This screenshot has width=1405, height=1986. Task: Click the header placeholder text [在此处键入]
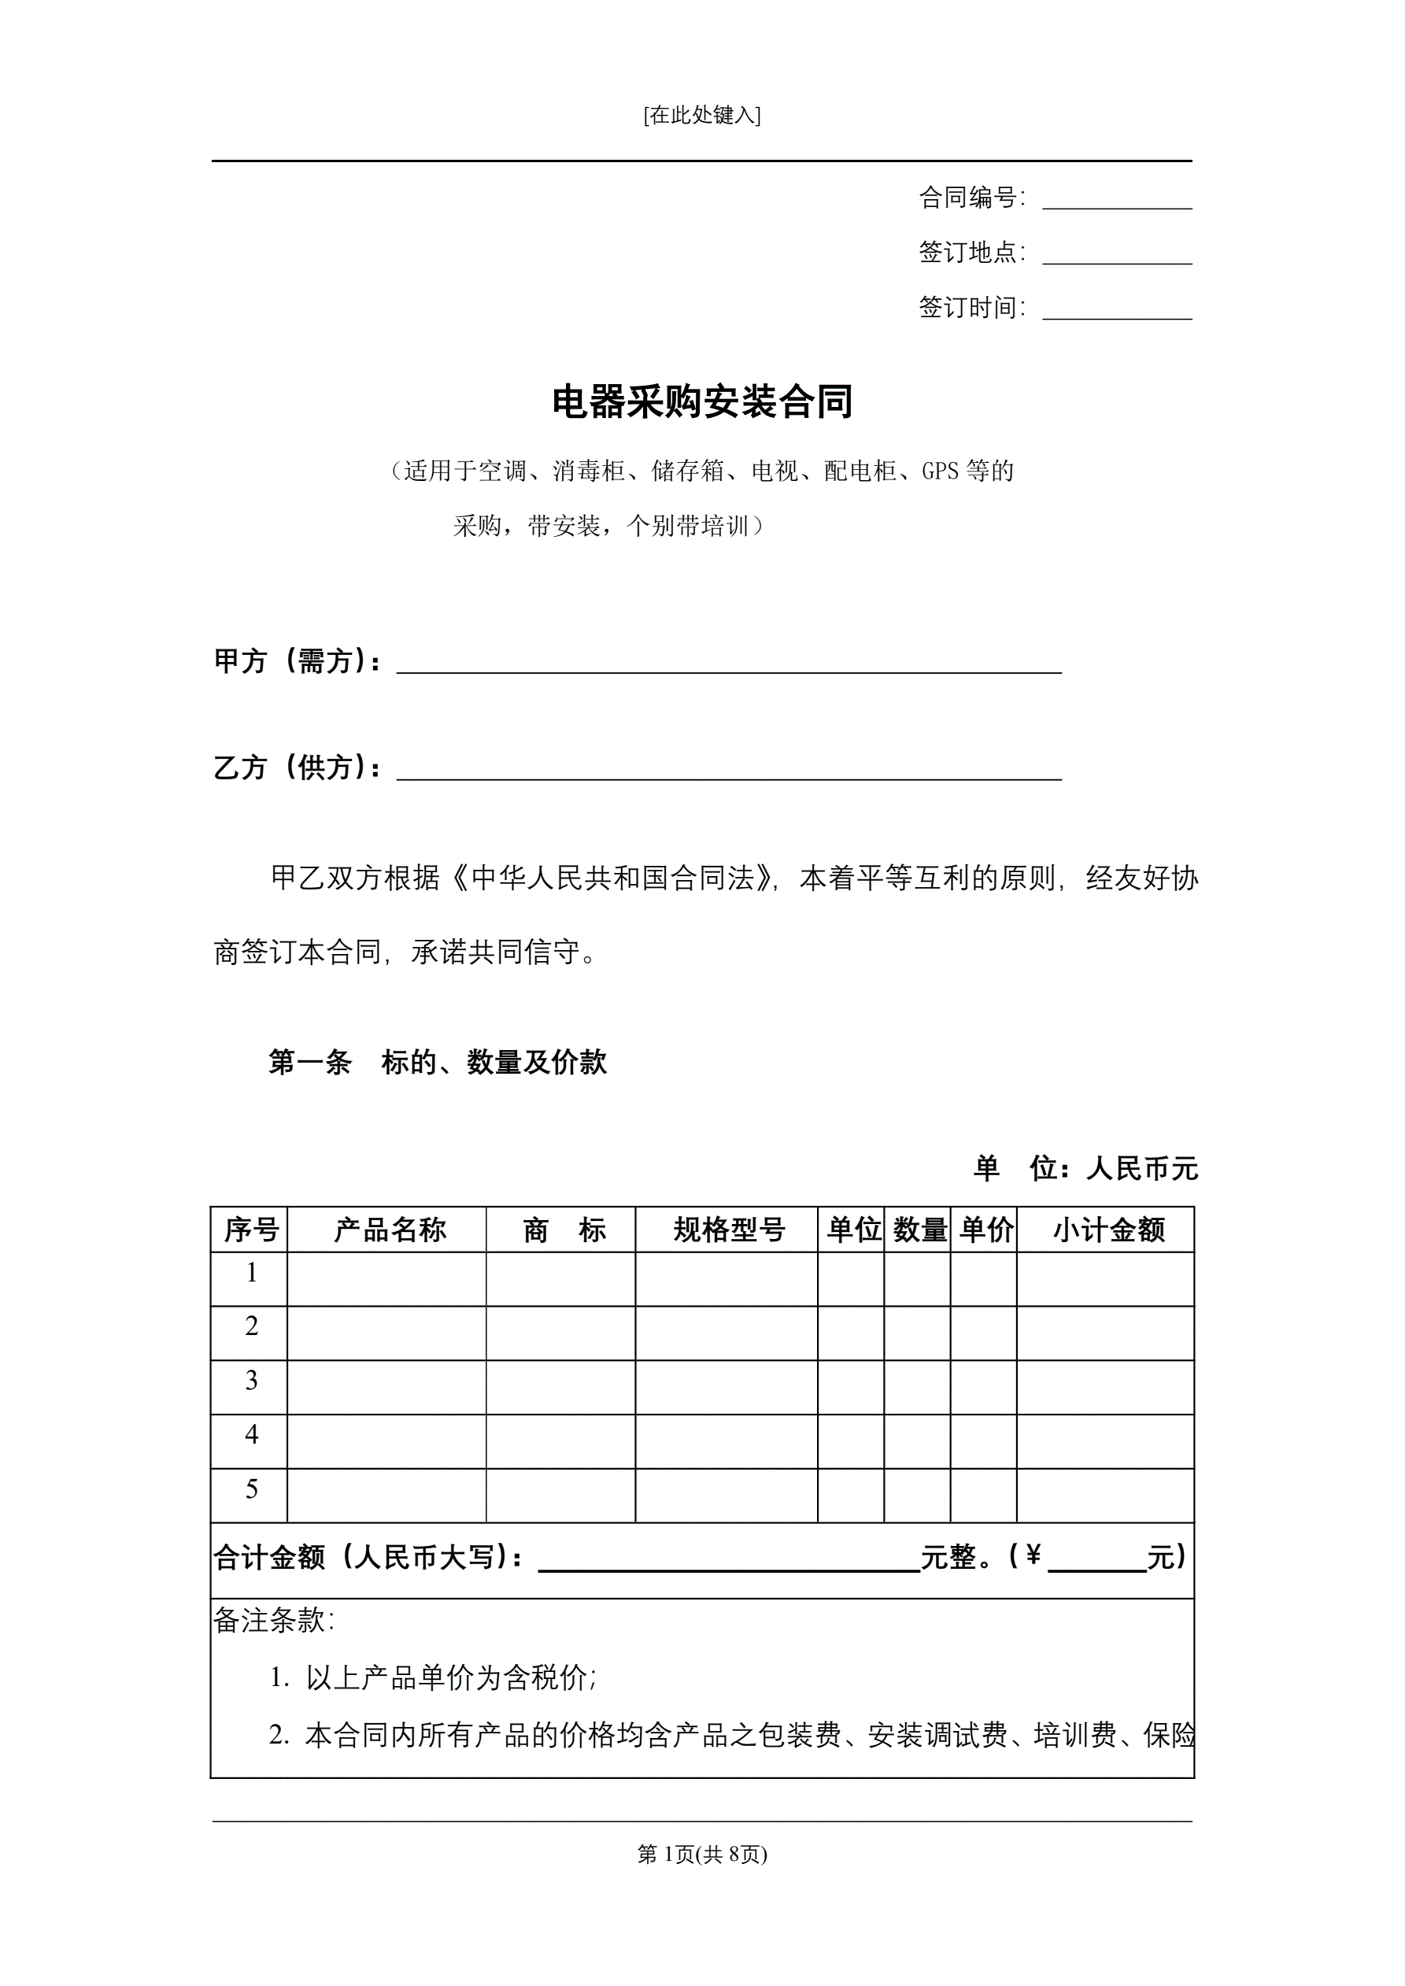point(701,115)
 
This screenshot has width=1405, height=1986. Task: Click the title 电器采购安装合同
point(701,402)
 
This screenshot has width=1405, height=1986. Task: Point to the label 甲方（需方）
point(297,661)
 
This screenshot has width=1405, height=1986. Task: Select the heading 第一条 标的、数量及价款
point(437,1062)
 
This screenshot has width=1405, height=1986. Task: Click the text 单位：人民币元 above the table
point(1085,1169)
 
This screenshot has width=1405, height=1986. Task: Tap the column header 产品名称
point(390,1230)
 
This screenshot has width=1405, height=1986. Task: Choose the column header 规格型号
point(728,1230)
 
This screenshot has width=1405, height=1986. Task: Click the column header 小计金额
point(1108,1230)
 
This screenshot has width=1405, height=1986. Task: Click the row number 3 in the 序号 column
point(251,1381)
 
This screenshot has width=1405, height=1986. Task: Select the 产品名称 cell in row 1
point(386,1279)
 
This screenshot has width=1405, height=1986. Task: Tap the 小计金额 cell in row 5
point(1105,1496)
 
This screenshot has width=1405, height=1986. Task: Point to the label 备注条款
point(272,1620)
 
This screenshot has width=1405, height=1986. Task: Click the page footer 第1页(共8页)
point(701,1854)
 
